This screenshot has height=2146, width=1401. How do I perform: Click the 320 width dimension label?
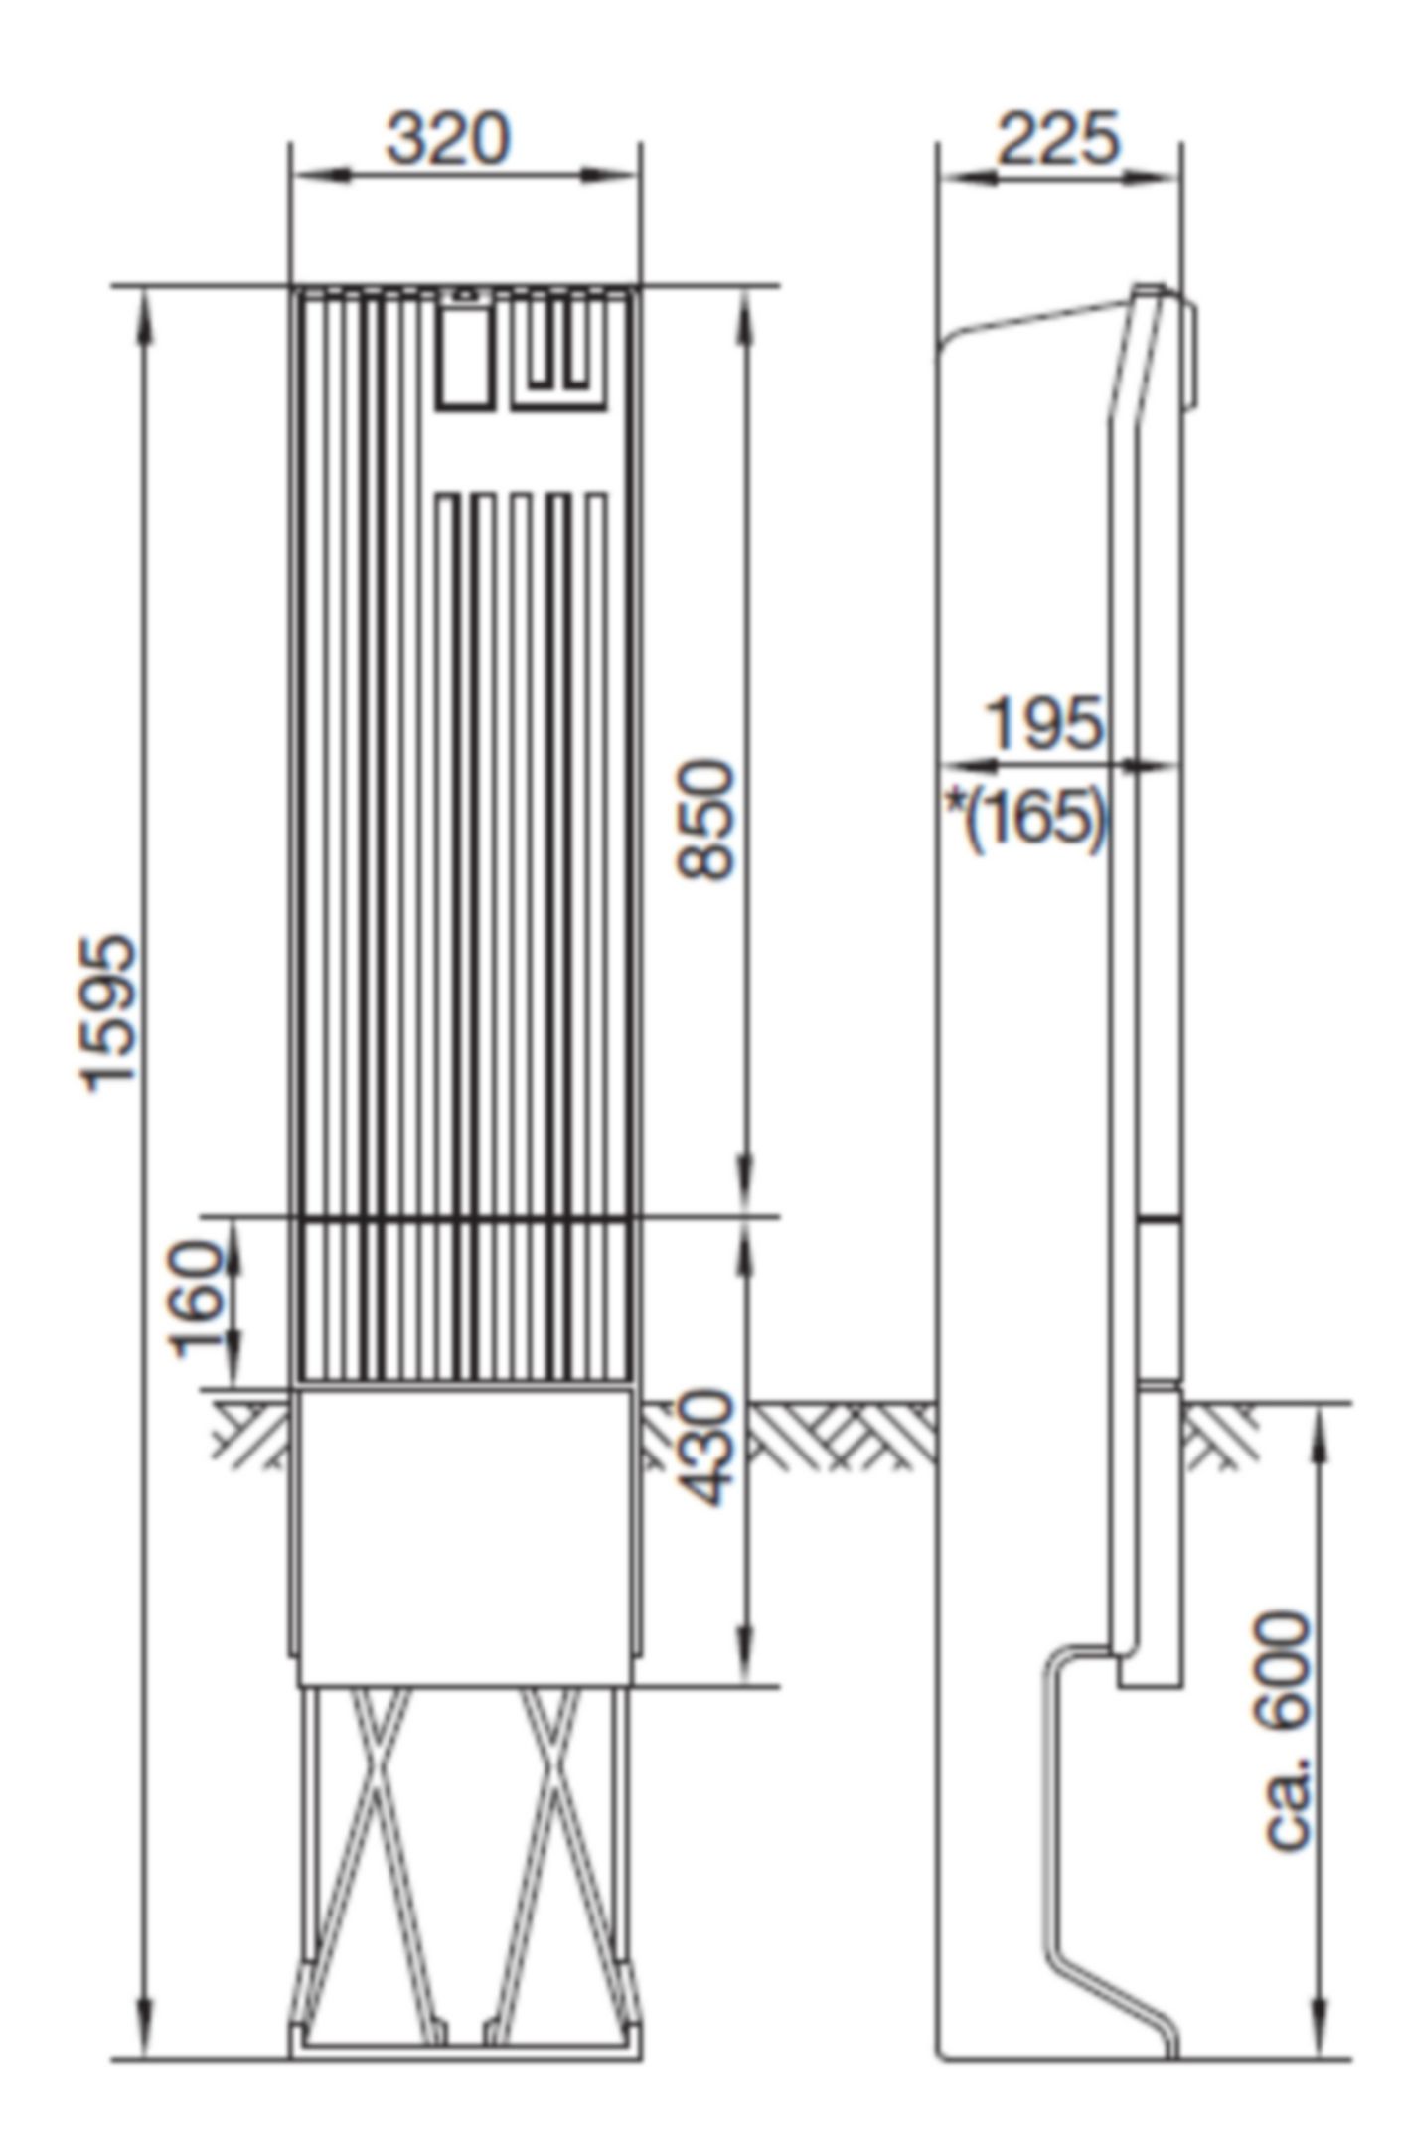(x=447, y=139)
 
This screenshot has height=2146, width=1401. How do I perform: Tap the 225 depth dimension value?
(x=1057, y=139)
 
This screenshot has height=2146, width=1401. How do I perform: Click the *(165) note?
(x=1024, y=819)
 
